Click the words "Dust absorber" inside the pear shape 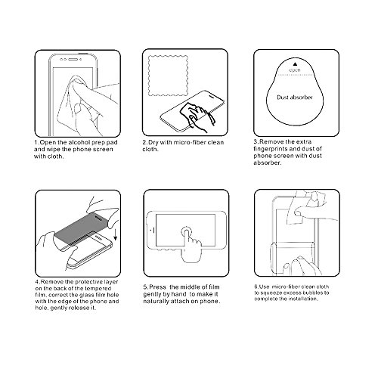pyautogui.click(x=295, y=98)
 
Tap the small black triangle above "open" pyautogui.click(x=295, y=64)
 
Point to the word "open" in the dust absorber pyautogui.click(x=295, y=70)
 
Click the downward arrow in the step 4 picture pyautogui.click(x=116, y=235)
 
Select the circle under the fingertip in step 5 pyautogui.click(x=187, y=231)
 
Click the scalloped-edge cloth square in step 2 pyautogui.click(x=169, y=76)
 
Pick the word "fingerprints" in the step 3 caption pyautogui.click(x=269, y=149)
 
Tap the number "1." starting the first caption pyautogui.click(x=37, y=142)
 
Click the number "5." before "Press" pyautogui.click(x=146, y=287)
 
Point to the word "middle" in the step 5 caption pyautogui.click(x=185, y=287)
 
